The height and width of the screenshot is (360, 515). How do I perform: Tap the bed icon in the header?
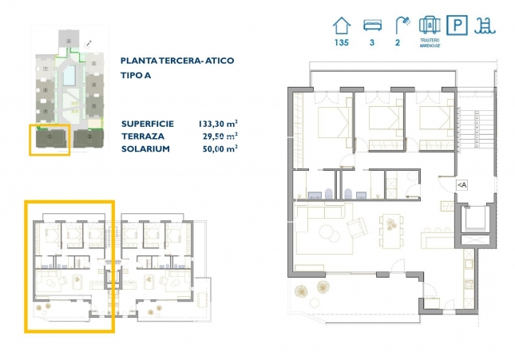pyautogui.click(x=371, y=25)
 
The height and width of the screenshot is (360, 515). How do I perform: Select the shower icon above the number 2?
pyautogui.click(x=398, y=25)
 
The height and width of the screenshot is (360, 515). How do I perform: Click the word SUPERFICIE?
pyautogui.click(x=147, y=124)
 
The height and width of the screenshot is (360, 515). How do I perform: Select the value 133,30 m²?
pyautogui.click(x=217, y=124)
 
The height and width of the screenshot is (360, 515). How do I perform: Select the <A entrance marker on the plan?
pyautogui.click(x=462, y=184)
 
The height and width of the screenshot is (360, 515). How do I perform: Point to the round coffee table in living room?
pyautogui.click(x=326, y=233)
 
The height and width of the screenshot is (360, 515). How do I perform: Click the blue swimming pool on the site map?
pyautogui.click(x=70, y=77)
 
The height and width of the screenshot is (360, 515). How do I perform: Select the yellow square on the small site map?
pyautogui.click(x=50, y=139)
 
